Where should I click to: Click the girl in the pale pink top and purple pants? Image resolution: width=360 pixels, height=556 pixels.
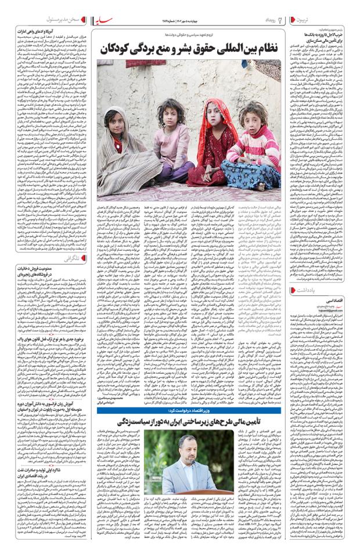[x=171, y=145]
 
